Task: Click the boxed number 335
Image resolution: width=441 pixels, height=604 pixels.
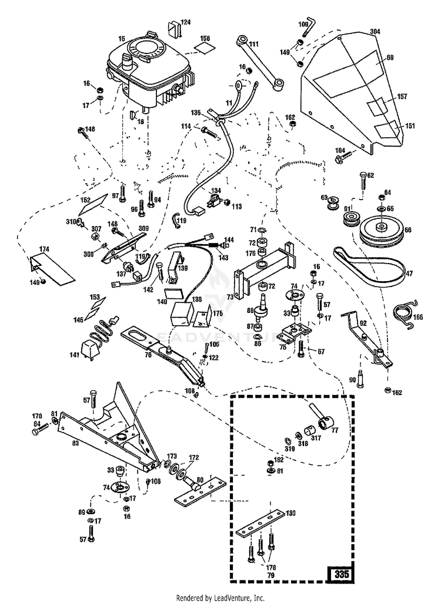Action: [339, 573]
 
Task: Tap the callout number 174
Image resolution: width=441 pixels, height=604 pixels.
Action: [45, 250]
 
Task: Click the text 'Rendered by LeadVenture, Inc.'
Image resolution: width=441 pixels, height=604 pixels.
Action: [220, 597]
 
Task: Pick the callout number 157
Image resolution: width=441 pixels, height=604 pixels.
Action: [403, 96]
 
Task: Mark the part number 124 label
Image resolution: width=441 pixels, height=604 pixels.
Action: [186, 22]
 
